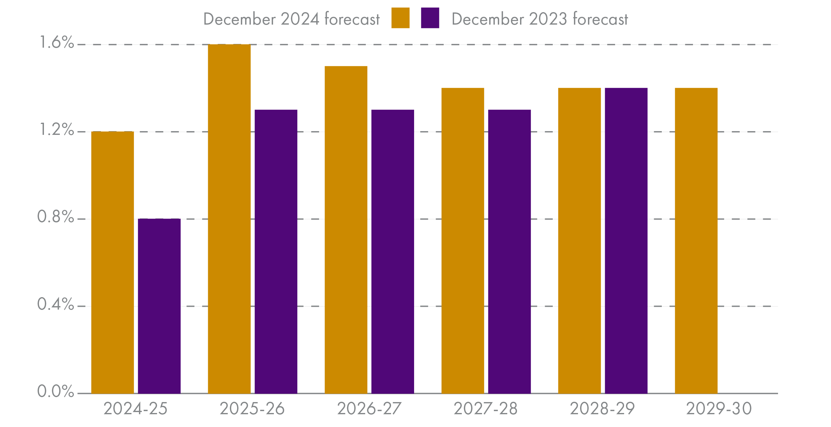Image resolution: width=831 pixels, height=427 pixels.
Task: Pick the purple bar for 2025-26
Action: (x=276, y=252)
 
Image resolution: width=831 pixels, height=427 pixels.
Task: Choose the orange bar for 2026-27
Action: (x=346, y=230)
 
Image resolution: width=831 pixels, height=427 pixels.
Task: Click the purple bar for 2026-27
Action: (x=393, y=252)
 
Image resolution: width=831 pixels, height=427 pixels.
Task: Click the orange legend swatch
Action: (x=400, y=18)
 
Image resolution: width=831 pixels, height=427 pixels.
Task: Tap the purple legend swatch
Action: (x=430, y=18)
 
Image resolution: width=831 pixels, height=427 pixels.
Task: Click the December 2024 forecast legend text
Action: (x=291, y=19)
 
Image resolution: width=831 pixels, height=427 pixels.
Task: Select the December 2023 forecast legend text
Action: (x=540, y=19)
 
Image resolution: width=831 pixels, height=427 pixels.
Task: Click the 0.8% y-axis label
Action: (x=55, y=217)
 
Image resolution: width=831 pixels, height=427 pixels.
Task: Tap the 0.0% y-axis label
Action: (x=55, y=391)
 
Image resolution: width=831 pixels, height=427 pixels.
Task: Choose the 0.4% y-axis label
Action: (x=55, y=304)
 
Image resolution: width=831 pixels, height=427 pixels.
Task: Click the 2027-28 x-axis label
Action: (x=485, y=409)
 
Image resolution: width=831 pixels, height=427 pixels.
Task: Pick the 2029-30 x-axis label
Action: (x=719, y=409)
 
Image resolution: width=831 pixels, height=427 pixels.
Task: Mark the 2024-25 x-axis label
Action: (x=136, y=409)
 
